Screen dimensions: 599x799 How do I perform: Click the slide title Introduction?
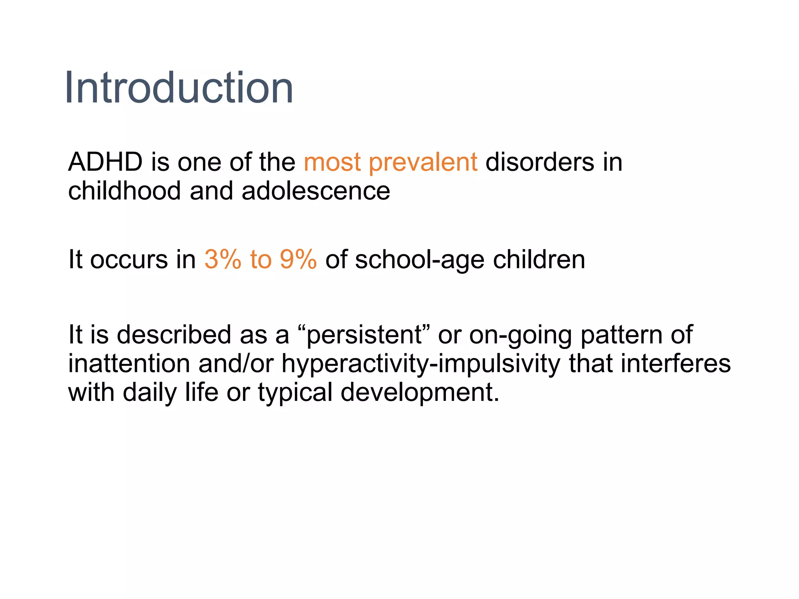tap(179, 88)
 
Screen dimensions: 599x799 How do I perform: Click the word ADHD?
tap(105, 162)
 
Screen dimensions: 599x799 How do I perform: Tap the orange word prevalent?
tap(423, 163)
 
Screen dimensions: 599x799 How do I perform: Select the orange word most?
tap(332, 163)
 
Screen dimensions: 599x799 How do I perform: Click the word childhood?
tap(124, 191)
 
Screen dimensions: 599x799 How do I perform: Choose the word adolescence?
tap(316, 191)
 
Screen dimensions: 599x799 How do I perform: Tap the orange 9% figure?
tap(298, 259)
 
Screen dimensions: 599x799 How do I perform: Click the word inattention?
tap(129, 363)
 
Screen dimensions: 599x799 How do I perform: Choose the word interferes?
tap(675, 363)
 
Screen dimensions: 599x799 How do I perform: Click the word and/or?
tap(236, 363)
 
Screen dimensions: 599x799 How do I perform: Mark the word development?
tap(419, 393)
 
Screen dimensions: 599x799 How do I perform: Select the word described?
tap(174, 335)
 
